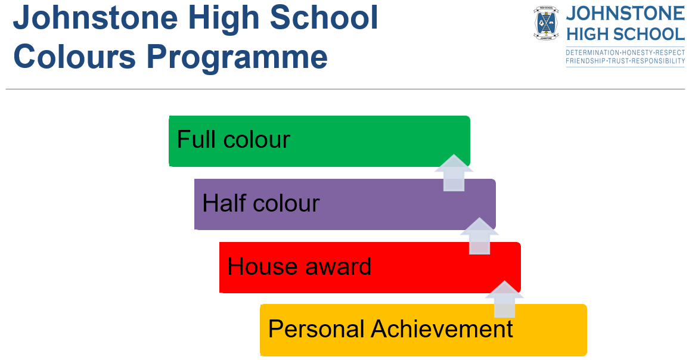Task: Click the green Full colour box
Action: click(319, 141)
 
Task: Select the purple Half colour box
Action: click(345, 204)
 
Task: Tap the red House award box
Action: click(370, 268)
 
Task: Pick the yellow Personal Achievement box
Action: click(423, 330)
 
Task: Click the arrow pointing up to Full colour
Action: click(454, 173)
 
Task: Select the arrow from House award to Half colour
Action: click(479, 236)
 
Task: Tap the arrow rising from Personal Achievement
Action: click(504, 299)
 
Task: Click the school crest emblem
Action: click(547, 23)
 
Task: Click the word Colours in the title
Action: click(75, 57)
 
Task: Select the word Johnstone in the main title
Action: click(95, 18)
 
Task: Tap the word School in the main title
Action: click(324, 18)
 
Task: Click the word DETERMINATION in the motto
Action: click(592, 52)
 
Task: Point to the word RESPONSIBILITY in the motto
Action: click(658, 61)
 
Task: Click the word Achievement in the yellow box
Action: click(442, 329)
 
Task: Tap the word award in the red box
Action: click(338, 266)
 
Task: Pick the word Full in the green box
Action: click(196, 140)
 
